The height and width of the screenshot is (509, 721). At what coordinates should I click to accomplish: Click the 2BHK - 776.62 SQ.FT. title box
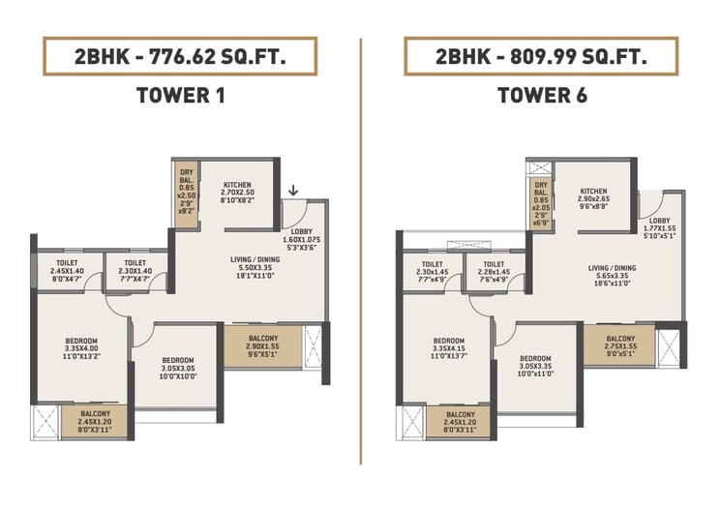tap(180, 57)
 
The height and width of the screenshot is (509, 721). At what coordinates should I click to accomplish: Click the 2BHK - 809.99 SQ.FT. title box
tap(540, 57)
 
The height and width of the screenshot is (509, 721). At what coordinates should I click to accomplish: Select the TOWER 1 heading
tap(180, 96)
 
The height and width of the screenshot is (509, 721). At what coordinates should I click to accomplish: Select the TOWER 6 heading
tap(541, 96)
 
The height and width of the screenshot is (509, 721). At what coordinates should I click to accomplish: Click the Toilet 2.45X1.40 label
tap(69, 271)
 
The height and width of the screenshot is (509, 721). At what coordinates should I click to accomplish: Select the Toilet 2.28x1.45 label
tap(495, 271)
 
